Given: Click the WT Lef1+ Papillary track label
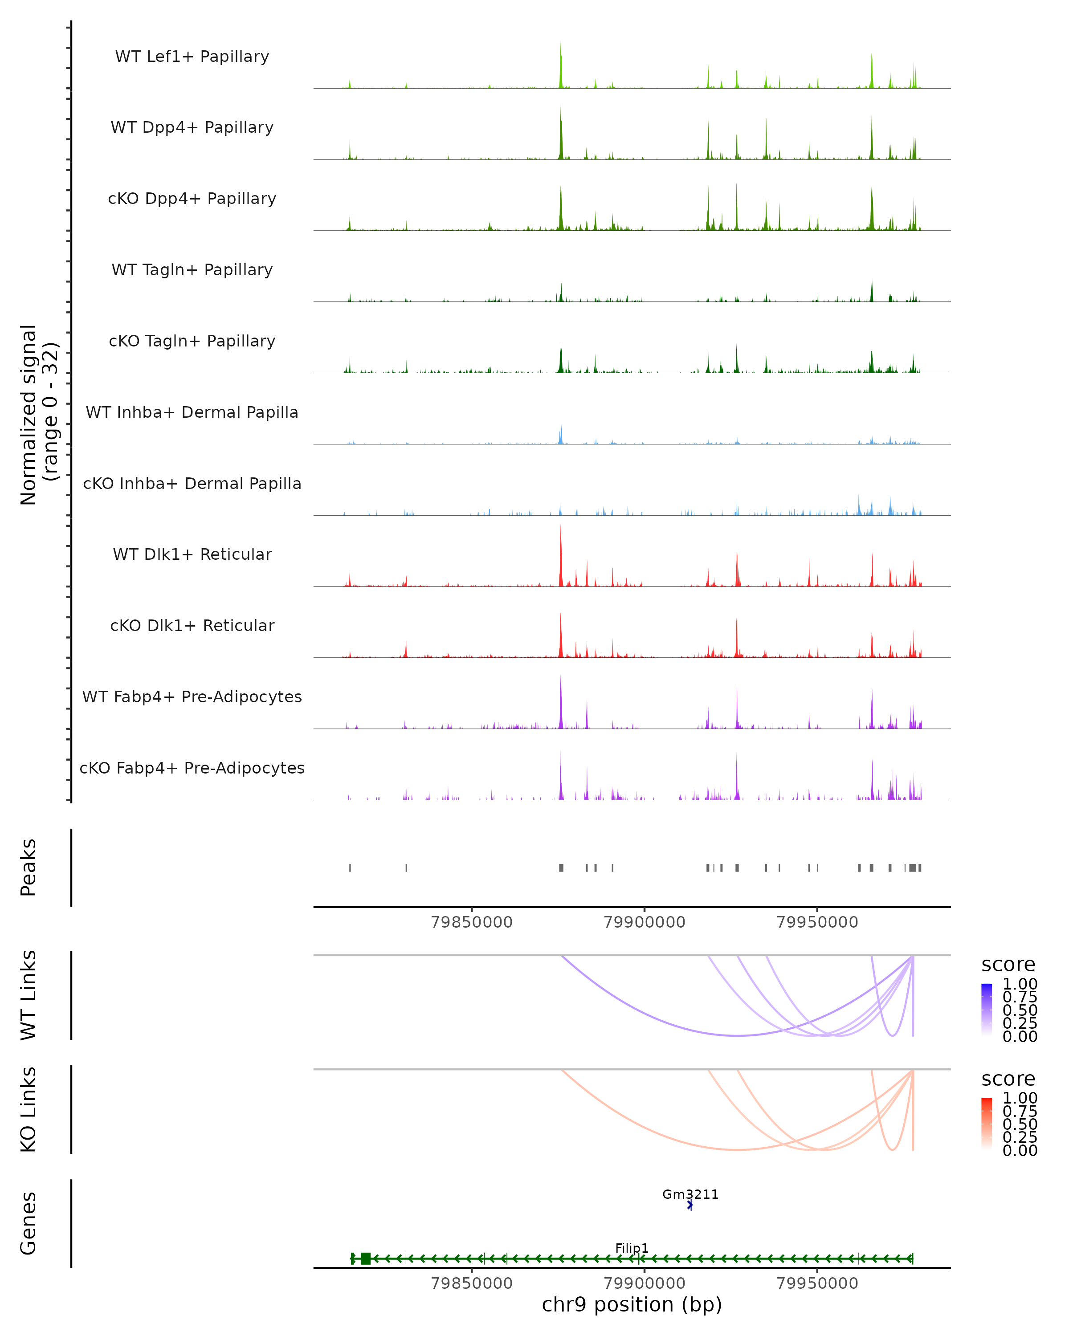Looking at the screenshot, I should tap(192, 57).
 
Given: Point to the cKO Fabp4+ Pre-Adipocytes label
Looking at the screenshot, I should tap(192, 768).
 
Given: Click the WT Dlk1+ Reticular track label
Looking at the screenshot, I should tap(192, 554).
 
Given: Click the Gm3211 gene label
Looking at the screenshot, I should tap(690, 1194).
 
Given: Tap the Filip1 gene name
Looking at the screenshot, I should tap(632, 1248).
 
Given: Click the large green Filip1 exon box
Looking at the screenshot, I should tap(366, 1259).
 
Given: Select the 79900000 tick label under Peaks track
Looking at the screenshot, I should tap(645, 922).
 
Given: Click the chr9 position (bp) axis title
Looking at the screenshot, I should tap(632, 1305).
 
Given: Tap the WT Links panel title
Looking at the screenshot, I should tap(29, 995).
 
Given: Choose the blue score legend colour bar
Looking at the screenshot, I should tap(987, 1010).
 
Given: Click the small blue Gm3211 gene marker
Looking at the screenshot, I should tap(690, 1205).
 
